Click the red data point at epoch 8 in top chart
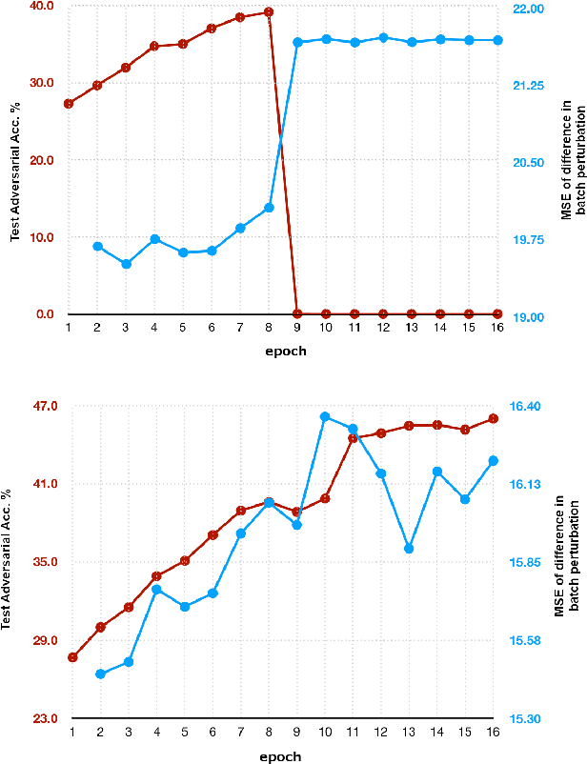(269, 12)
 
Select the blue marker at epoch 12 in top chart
(383, 38)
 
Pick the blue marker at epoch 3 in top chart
(126, 264)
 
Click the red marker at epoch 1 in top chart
(69, 103)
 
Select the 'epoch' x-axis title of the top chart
(285, 351)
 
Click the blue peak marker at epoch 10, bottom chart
(325, 416)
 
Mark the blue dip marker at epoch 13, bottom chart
(409, 549)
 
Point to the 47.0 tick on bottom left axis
(42, 406)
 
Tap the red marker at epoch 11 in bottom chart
(353, 438)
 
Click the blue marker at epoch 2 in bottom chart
(100, 674)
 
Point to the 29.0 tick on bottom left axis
(42, 640)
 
